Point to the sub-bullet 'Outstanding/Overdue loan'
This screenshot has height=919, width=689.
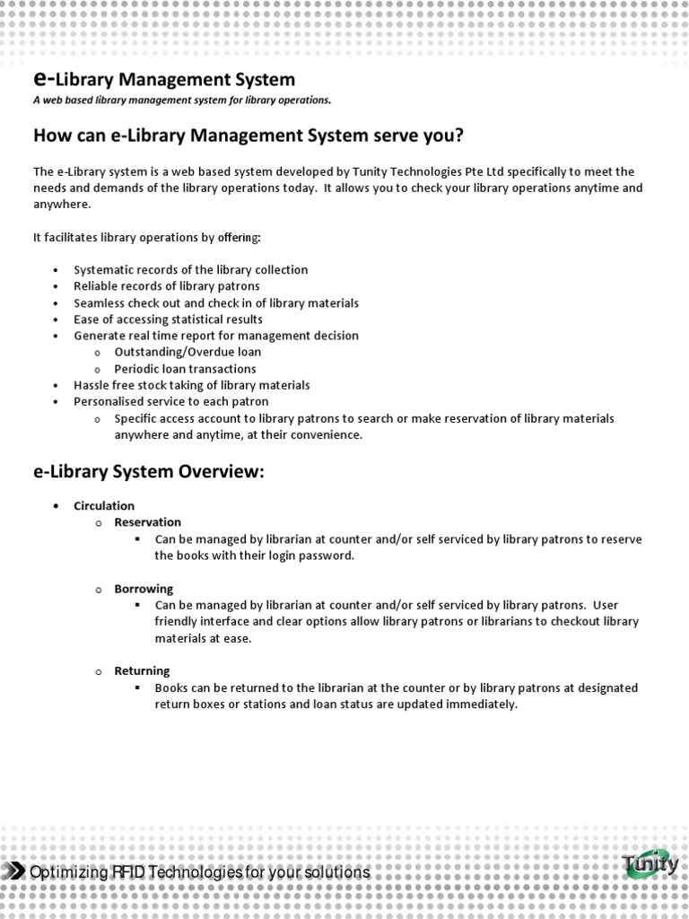[188, 353]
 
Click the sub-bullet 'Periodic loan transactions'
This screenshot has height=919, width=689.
[185, 369]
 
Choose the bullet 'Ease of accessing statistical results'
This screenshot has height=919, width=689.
[168, 319]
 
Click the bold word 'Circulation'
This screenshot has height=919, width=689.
[104, 506]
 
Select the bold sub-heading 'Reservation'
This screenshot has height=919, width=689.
[147, 522]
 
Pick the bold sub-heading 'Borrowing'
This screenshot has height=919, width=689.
[144, 589]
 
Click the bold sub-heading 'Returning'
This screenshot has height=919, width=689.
[142, 671]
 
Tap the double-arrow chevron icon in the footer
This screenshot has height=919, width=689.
[15, 872]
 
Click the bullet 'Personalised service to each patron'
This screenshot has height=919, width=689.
[170, 402]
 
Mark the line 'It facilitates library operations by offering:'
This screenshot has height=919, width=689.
[147, 237]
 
